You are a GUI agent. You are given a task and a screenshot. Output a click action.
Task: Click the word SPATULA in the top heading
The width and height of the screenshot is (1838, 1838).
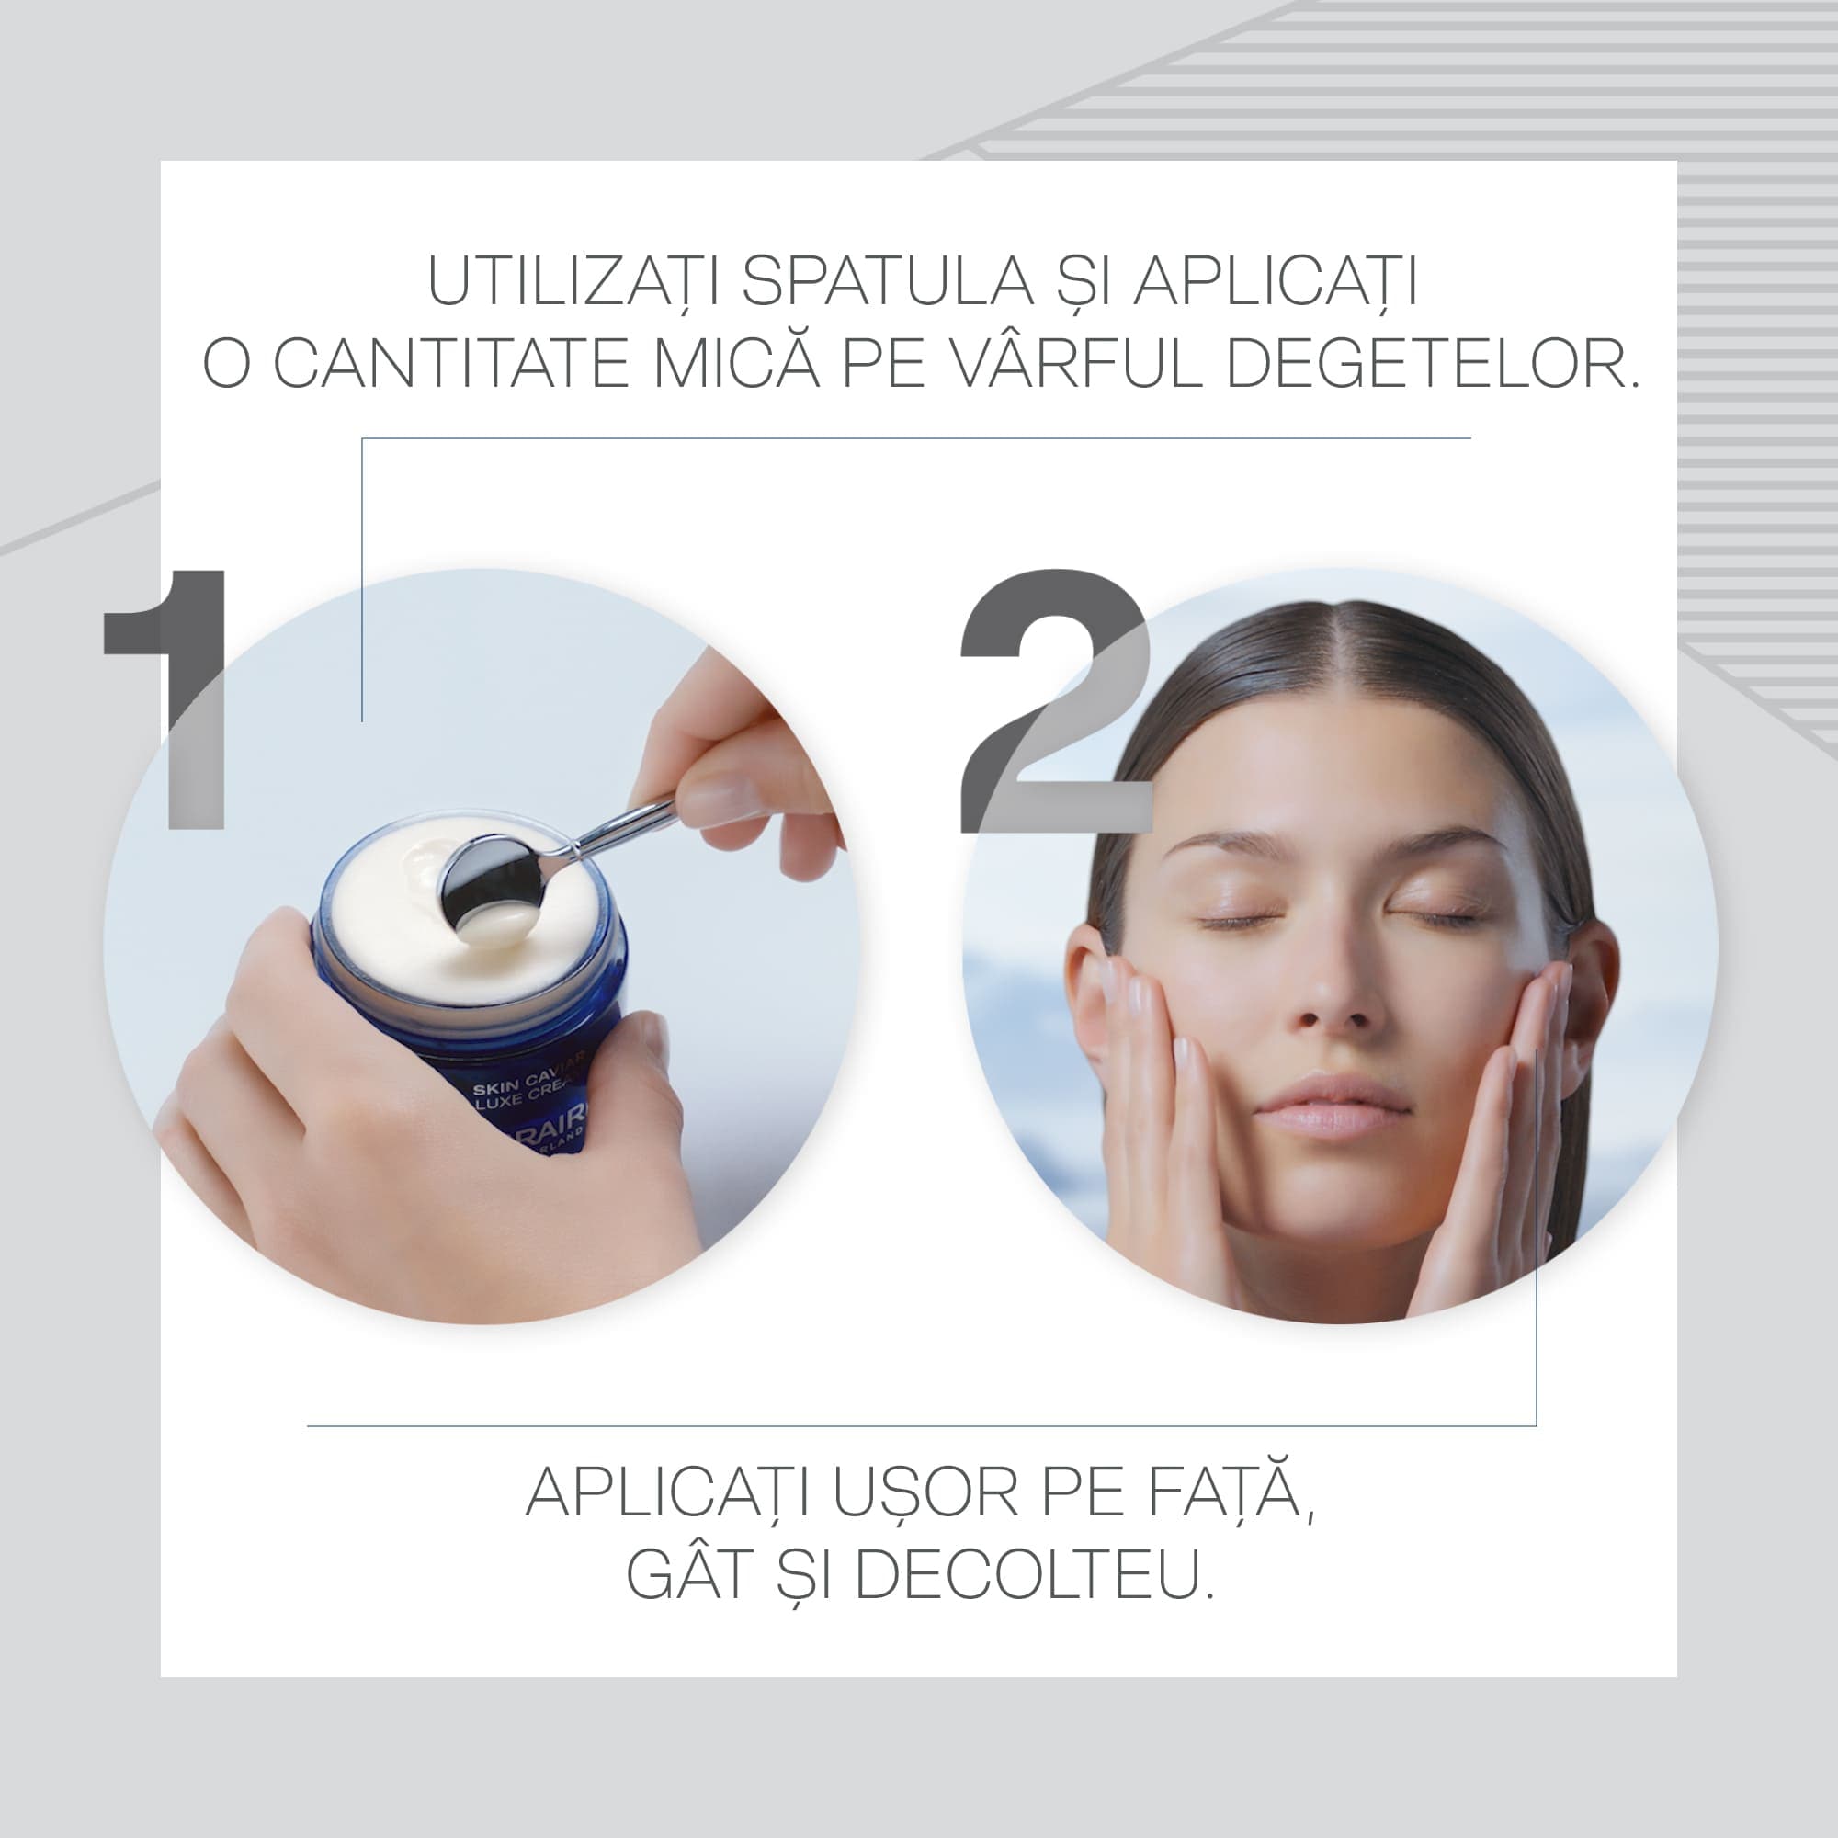[888, 281]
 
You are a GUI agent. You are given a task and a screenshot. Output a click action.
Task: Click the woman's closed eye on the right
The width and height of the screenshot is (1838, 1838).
[1435, 917]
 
